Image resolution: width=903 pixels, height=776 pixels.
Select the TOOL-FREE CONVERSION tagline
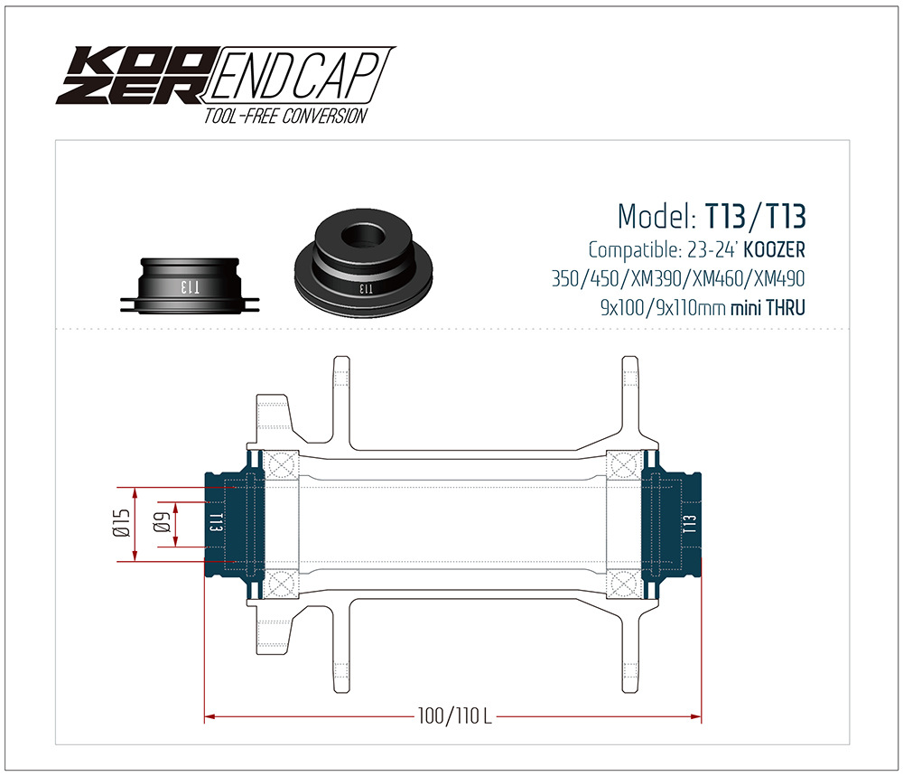(x=285, y=116)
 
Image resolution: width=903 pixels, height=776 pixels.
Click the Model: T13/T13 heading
(x=711, y=217)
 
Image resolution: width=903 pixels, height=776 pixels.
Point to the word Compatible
(x=629, y=249)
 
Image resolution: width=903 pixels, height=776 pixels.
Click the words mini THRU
(x=768, y=308)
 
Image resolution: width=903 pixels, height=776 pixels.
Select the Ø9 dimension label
(x=163, y=524)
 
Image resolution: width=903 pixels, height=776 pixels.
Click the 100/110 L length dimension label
(x=454, y=717)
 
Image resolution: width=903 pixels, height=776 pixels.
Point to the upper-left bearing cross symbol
(x=284, y=465)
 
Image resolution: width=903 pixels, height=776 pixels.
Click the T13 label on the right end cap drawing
(x=690, y=525)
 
